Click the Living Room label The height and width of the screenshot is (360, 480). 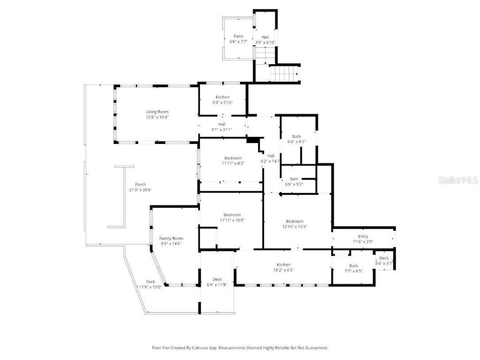[x=157, y=112]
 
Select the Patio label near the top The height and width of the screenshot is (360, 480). [x=239, y=36]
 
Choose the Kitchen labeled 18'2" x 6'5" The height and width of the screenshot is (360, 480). [x=283, y=265]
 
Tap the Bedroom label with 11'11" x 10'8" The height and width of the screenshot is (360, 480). [x=232, y=215]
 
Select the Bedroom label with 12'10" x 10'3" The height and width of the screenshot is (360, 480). [x=294, y=221]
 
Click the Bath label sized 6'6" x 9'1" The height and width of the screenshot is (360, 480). [x=296, y=136]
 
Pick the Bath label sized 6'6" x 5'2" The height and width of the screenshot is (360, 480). [x=294, y=179]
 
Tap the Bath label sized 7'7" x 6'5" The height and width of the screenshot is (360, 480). [x=353, y=266]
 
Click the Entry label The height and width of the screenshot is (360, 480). [x=363, y=236]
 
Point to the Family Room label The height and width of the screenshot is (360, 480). [x=171, y=238]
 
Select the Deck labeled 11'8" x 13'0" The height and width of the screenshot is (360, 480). [x=150, y=281]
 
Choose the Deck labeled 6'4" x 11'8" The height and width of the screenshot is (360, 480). [x=217, y=279]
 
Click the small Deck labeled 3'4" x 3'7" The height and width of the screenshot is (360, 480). [x=384, y=258]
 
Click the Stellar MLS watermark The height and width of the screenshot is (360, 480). [x=457, y=180]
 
